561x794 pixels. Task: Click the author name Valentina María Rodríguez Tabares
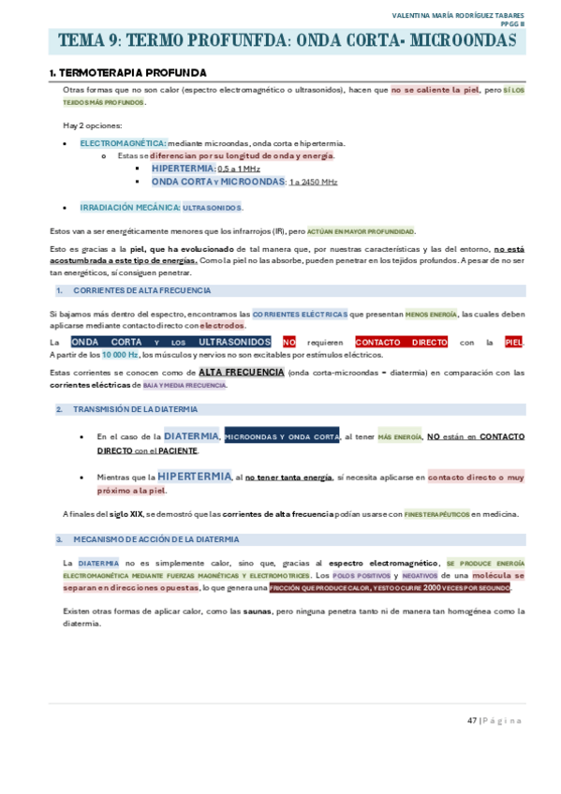tap(458, 15)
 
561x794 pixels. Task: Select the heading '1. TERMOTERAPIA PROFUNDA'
tap(127, 73)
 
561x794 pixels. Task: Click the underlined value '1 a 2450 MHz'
tap(313, 182)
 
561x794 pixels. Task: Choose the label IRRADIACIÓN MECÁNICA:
tap(129, 207)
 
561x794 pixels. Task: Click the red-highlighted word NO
tap(288, 343)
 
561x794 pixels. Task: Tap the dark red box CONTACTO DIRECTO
tap(401, 343)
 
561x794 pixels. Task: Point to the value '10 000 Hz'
tap(120, 355)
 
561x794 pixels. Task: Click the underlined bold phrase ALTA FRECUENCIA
tap(242, 372)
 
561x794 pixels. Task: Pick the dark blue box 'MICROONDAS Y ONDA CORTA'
tap(282, 437)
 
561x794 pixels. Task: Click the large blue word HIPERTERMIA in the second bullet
tap(194, 477)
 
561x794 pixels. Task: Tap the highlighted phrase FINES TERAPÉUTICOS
tap(436, 514)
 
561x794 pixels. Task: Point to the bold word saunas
tap(258, 610)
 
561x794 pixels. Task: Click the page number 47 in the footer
tap(472, 720)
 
